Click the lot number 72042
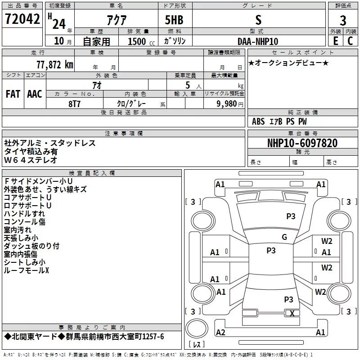pos(22,18)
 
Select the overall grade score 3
pos(343,20)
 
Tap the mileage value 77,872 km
pos(55,65)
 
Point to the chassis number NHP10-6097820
pos(302,143)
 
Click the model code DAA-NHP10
pos(258,41)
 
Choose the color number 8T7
pos(74,104)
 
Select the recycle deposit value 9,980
pos(227,103)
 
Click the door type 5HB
pos(174,20)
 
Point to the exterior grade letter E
pos(336,41)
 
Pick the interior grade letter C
pos(350,41)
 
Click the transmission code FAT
pos(13,94)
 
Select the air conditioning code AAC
pos(35,94)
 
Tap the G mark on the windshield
pos(284,237)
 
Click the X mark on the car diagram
pos(292,313)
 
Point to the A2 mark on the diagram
pos(220,332)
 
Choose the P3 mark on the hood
pos(291,216)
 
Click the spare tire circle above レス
pos(197,328)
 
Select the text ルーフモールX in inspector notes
pos(27,270)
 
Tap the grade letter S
pos(258,20)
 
